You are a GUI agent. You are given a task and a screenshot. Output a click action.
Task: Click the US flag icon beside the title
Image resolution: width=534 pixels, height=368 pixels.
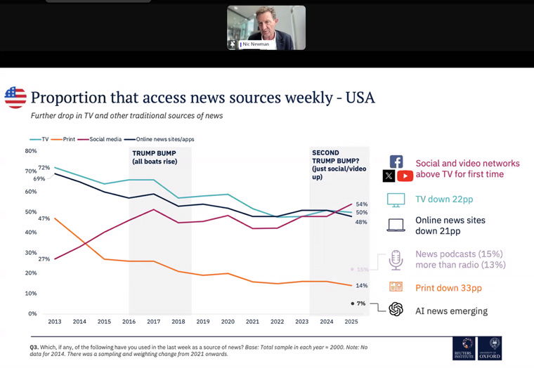point(15,98)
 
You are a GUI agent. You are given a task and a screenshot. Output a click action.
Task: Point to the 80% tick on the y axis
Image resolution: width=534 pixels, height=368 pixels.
point(31,151)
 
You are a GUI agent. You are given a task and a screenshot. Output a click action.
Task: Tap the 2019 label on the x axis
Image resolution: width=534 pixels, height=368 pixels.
point(203,321)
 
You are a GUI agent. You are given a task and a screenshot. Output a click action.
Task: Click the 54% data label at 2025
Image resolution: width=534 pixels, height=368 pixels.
point(361,204)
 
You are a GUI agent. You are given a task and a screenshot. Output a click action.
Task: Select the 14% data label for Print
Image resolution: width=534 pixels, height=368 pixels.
point(361,286)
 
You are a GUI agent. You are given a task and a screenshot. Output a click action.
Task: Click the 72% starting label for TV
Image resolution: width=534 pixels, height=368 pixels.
point(44,168)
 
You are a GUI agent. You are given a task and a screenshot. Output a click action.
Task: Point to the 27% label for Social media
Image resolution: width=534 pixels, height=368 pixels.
point(44,259)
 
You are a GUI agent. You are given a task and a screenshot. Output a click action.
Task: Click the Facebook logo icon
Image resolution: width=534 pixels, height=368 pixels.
point(396,162)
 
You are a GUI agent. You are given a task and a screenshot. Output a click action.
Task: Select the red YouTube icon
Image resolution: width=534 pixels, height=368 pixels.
point(405,176)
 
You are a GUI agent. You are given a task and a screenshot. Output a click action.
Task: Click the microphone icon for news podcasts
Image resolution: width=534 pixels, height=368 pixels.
point(396,260)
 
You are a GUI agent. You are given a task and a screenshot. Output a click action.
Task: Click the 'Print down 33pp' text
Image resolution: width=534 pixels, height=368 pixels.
point(453,288)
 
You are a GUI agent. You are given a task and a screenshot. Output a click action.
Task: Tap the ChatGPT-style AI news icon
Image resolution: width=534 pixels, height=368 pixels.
point(396,310)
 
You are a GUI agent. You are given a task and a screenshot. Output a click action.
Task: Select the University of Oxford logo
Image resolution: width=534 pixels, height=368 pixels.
point(490,348)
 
